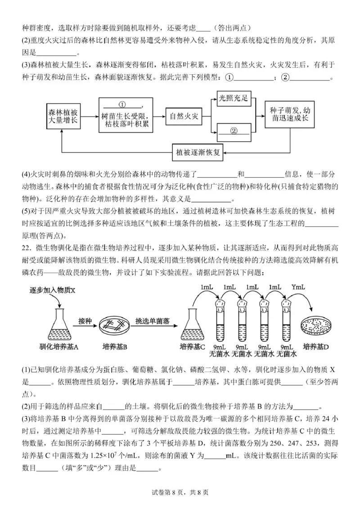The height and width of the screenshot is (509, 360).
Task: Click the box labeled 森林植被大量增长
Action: coord(62,116)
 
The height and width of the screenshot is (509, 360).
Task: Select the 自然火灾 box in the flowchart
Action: coord(183,116)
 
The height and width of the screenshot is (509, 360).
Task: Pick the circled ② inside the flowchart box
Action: coord(233,131)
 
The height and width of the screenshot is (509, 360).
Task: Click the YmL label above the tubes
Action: coord(299,287)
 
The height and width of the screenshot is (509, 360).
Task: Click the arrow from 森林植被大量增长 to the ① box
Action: coord(89,116)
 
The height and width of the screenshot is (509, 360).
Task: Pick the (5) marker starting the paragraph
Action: coord(26,212)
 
